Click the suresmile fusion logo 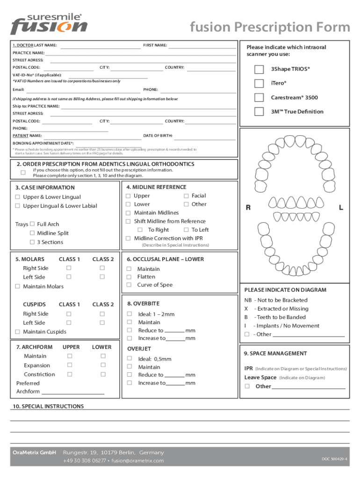pos(49,24)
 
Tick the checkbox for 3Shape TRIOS pos(259,70)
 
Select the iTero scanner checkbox pos(259,83)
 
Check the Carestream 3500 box pos(259,97)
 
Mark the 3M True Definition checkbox pos(259,112)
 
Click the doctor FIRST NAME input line pos(202,47)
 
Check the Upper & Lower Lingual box pos(18,197)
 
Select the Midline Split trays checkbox pos(32,233)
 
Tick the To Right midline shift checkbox pos(140,230)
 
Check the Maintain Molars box pos(18,286)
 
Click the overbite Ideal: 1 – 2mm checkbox pos(130,314)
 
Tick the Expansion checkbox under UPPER pos(69,365)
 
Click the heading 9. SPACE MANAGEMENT pos(275,354)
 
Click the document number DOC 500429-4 pos(334,459)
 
